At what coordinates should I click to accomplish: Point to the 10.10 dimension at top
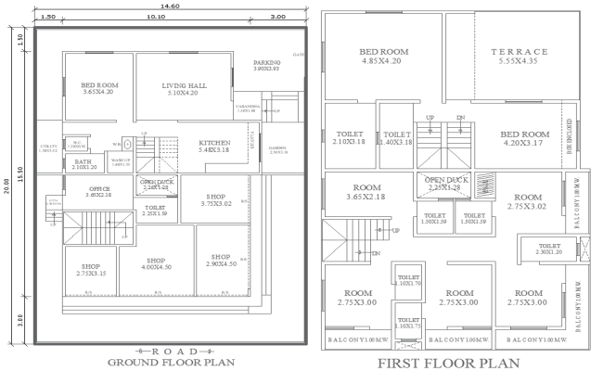[x=157, y=17]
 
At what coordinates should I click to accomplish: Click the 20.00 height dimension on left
[x=7, y=185]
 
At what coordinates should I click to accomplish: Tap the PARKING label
[x=268, y=65]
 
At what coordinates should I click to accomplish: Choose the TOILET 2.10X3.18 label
[x=348, y=138]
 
